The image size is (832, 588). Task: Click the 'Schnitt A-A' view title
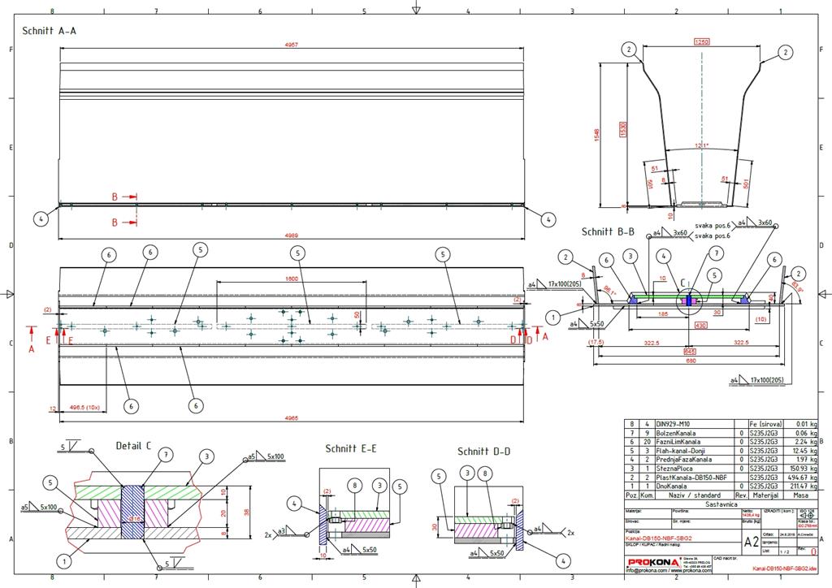(50, 30)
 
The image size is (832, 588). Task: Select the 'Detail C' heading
(133, 445)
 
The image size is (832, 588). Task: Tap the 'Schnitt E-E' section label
(351, 447)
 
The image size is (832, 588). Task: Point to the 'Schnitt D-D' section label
(484, 452)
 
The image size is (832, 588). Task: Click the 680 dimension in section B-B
(689, 361)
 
